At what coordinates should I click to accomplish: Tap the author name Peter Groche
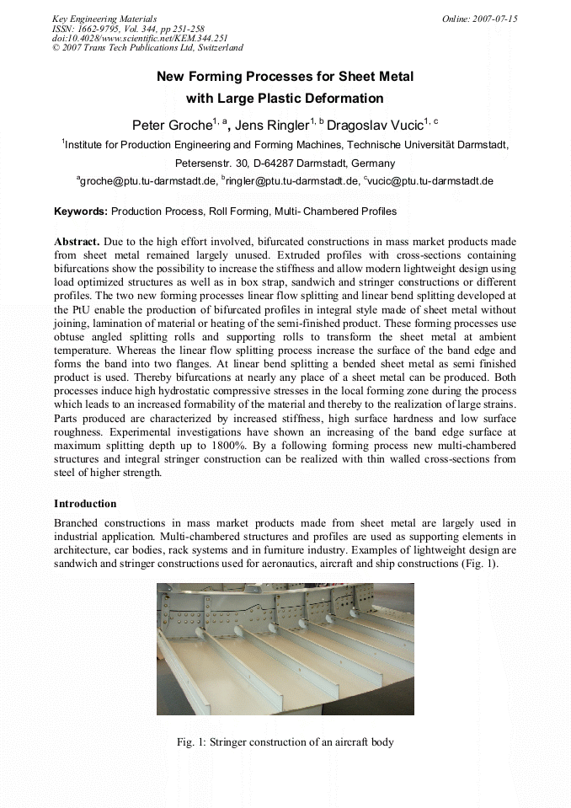point(172,126)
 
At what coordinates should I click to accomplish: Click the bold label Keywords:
point(81,211)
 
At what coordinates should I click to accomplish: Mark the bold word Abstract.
point(77,242)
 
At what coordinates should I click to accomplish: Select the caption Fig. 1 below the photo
point(285,742)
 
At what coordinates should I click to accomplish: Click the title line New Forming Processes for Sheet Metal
point(285,77)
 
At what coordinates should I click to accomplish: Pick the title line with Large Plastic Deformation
point(285,99)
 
